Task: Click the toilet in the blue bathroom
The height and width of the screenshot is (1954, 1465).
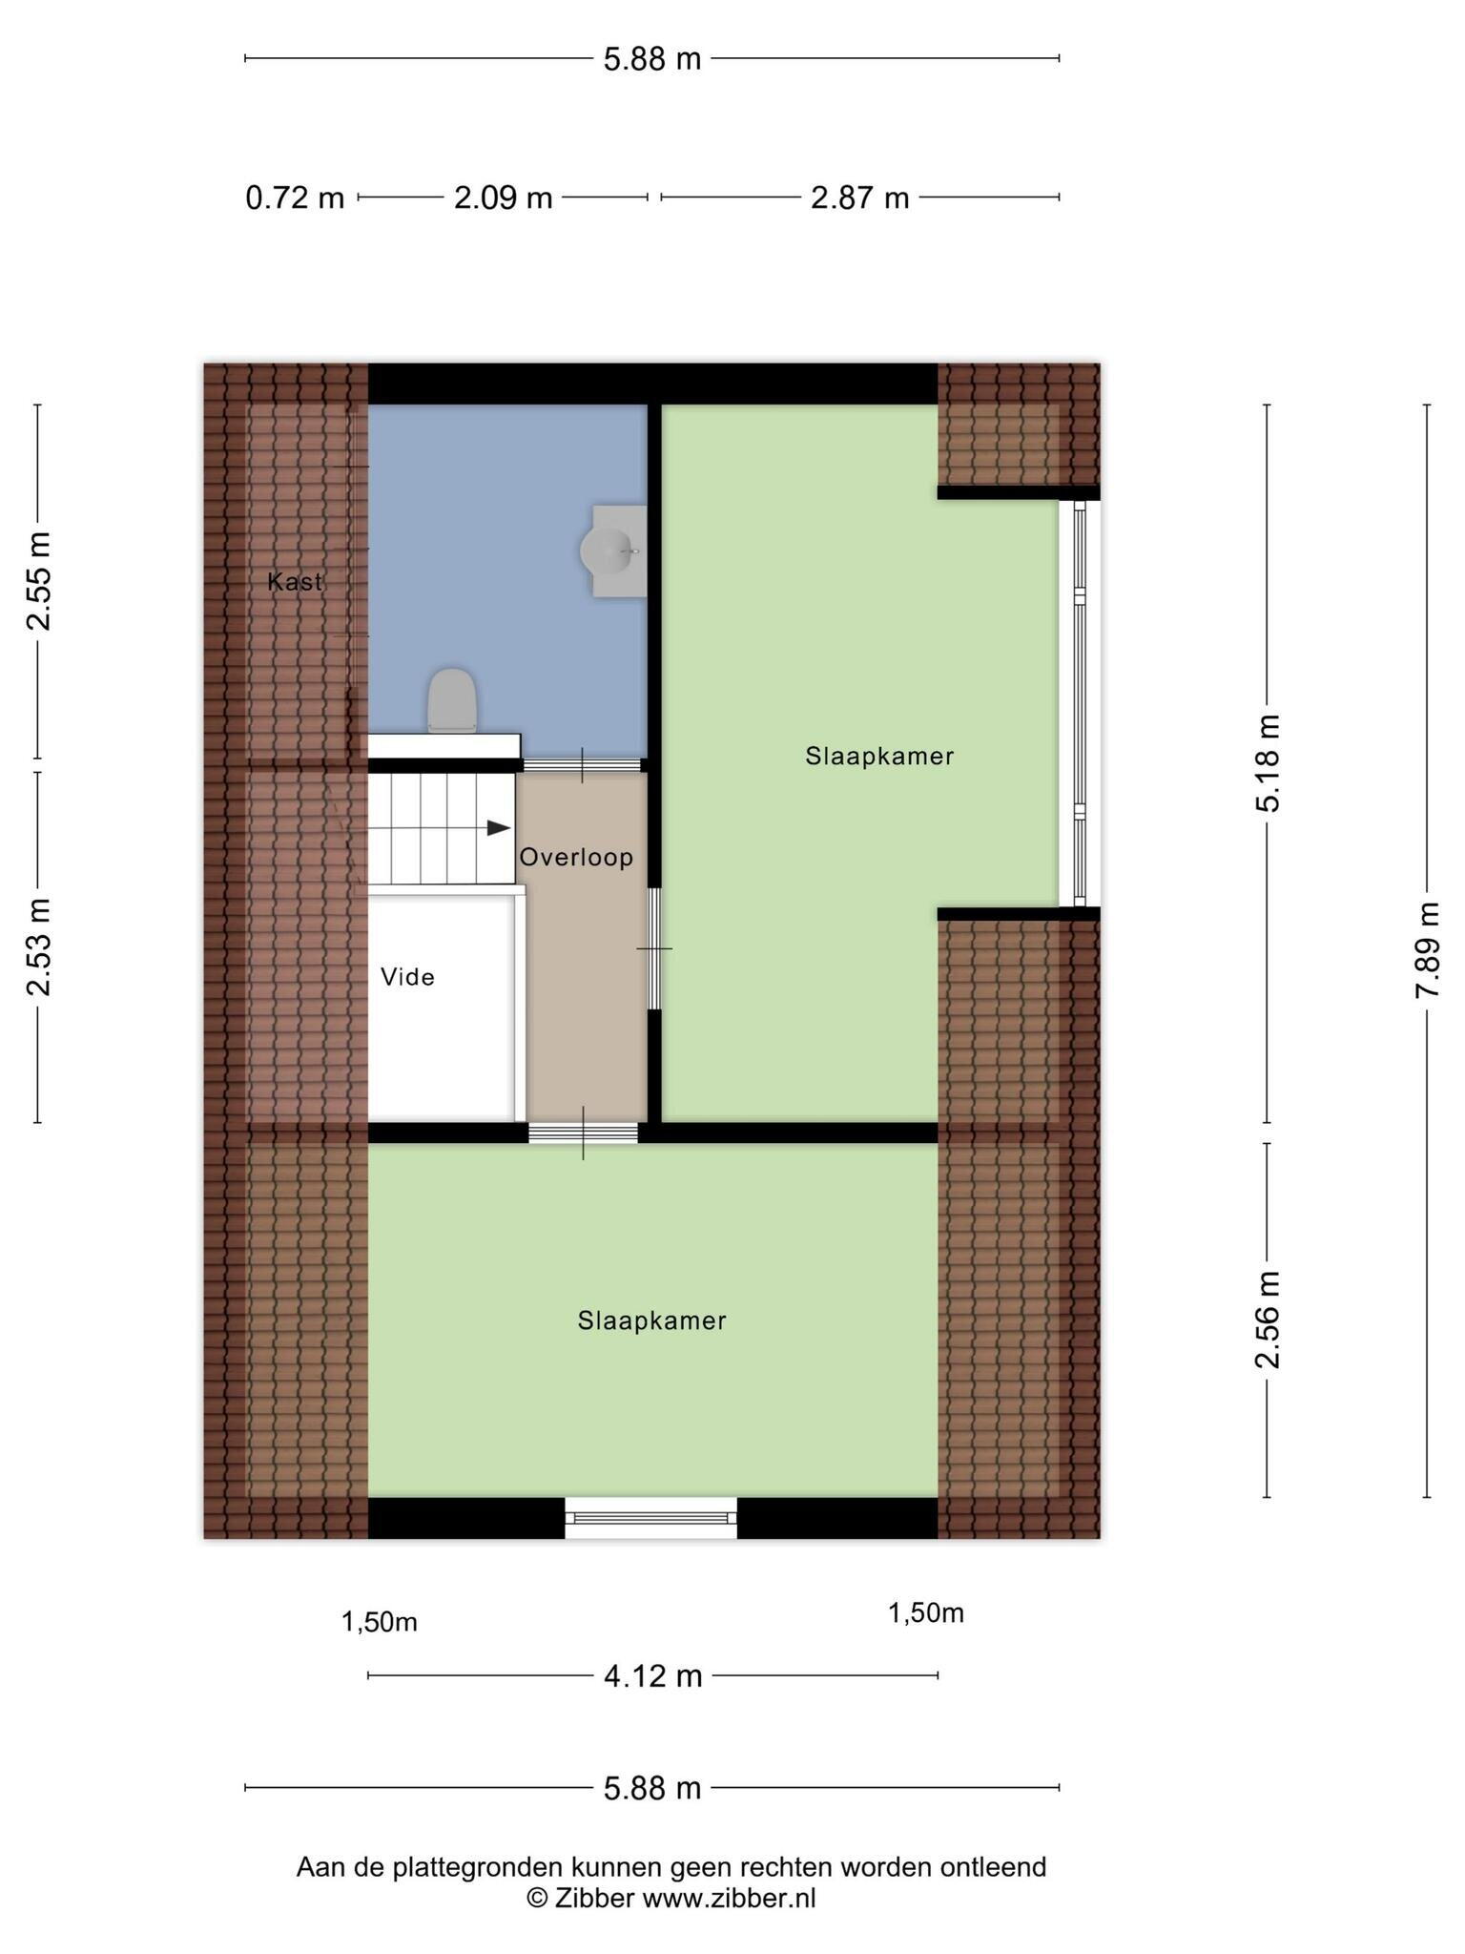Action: click(x=451, y=700)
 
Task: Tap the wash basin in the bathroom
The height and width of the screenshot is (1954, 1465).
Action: click(x=613, y=551)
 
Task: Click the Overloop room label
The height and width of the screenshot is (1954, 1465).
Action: click(x=576, y=857)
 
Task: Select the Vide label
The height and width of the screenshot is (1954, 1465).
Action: click(x=407, y=976)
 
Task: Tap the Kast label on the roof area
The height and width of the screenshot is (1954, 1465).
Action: click(x=295, y=581)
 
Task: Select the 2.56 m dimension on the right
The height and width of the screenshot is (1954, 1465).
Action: click(x=1267, y=1320)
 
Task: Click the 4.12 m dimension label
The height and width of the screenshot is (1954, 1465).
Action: click(x=652, y=1674)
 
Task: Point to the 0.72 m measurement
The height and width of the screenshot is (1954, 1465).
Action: click(x=295, y=197)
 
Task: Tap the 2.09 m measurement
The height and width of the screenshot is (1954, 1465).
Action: click(x=503, y=197)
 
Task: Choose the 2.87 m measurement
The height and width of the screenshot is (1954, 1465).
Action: click(x=859, y=197)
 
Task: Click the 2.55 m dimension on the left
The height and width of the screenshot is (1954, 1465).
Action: click(x=38, y=581)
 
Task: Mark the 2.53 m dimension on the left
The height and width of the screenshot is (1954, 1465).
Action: click(x=38, y=947)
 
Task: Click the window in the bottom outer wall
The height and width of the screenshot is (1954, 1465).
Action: click(x=650, y=1517)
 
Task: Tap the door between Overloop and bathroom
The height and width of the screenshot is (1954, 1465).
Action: click(x=582, y=765)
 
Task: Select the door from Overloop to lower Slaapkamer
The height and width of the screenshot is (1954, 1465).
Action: click(x=583, y=1133)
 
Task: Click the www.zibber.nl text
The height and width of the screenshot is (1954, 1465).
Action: click(x=729, y=1898)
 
